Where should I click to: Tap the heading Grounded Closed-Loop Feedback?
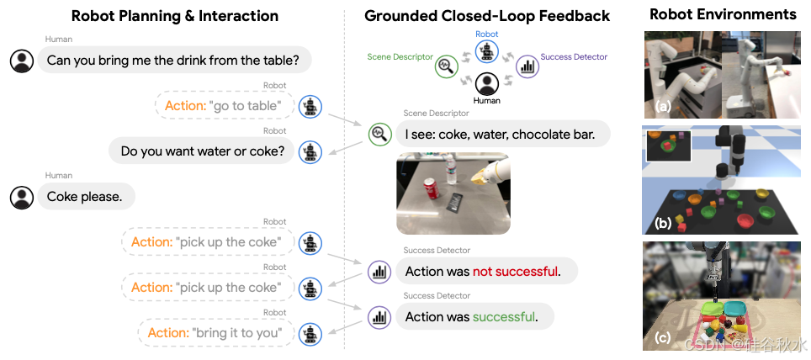[487, 16]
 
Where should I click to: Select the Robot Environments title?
[723, 14]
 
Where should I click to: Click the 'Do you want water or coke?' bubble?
[202, 151]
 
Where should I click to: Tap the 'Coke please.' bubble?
[85, 197]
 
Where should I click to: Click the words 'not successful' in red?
[514, 272]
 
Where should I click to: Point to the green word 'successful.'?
[504, 317]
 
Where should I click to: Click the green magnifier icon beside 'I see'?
[379, 134]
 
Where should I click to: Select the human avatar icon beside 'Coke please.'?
[22, 197]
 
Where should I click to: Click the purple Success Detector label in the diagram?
[574, 57]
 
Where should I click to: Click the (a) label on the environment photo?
[663, 107]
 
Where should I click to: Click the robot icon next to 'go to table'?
[311, 106]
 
